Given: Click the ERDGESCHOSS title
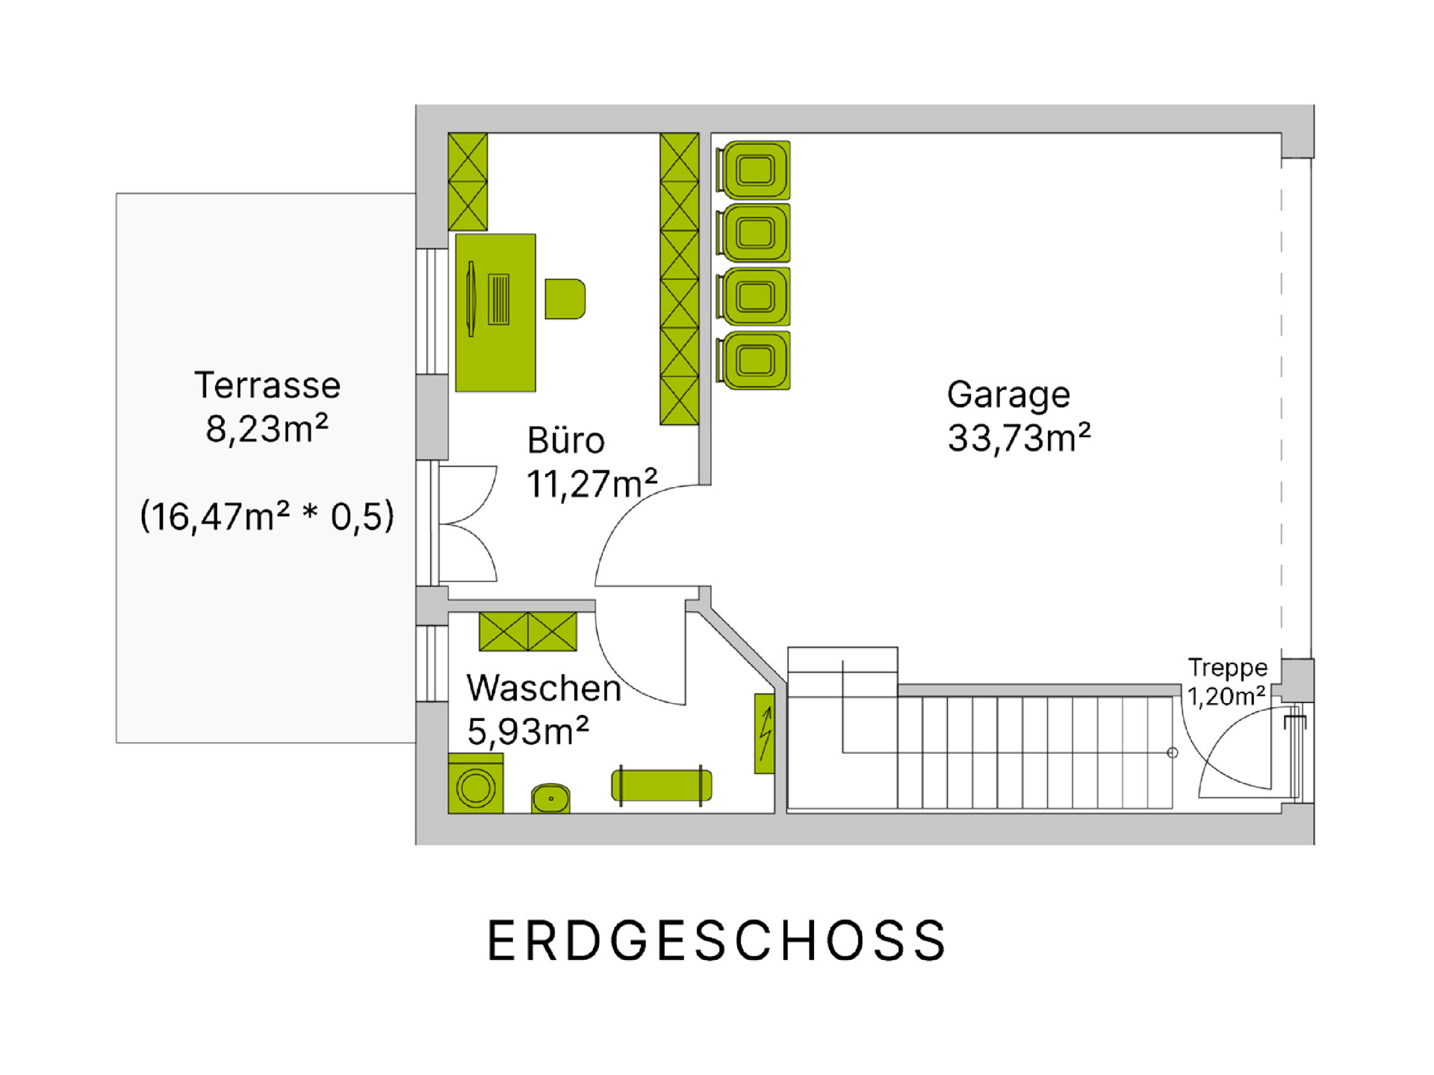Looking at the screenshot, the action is click(716, 940).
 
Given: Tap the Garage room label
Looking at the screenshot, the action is click(1008, 396).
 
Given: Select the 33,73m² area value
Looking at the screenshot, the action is click(1019, 438).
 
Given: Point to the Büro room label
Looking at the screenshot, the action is click(565, 440).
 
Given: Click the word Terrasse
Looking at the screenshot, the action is click(267, 385).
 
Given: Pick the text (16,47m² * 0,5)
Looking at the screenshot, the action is click(267, 516).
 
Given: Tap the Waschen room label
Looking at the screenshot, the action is click(544, 688).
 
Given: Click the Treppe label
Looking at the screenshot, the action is click(1228, 668).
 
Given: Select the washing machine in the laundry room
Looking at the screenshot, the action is click(476, 783).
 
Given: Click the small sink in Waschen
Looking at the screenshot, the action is click(550, 798).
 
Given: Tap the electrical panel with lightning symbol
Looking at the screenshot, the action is click(765, 734).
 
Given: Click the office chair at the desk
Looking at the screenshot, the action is click(565, 299).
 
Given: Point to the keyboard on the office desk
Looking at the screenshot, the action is click(498, 299).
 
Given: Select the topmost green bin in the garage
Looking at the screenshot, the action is click(753, 170).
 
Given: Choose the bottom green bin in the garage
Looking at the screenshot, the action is click(753, 361).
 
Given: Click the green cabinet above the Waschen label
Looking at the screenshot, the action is click(528, 631).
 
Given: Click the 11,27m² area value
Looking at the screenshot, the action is click(592, 483).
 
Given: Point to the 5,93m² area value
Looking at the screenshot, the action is click(528, 731).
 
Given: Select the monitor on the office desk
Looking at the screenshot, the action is click(471, 299).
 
